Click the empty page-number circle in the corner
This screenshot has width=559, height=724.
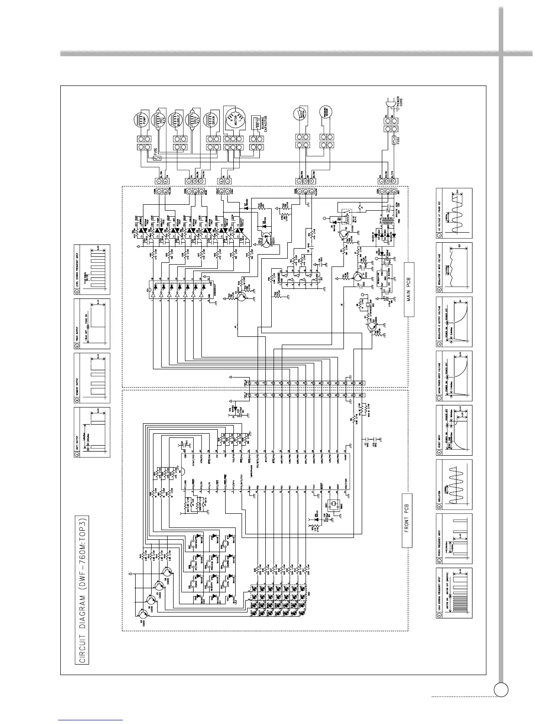coord(501,689)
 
